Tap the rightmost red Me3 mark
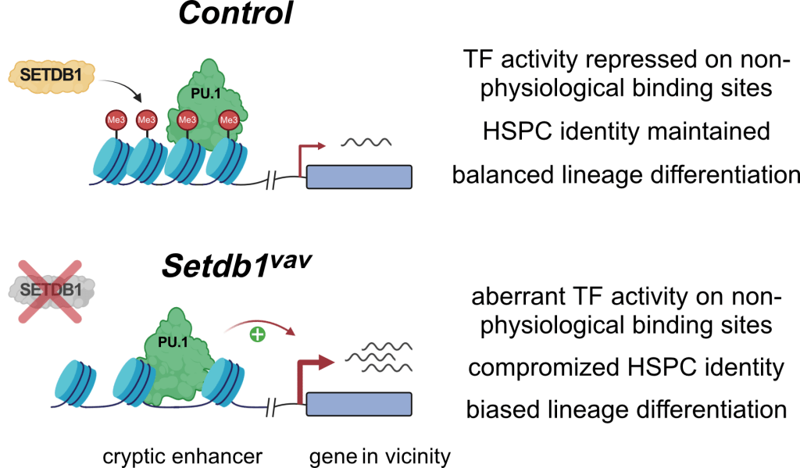(x=229, y=120)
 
